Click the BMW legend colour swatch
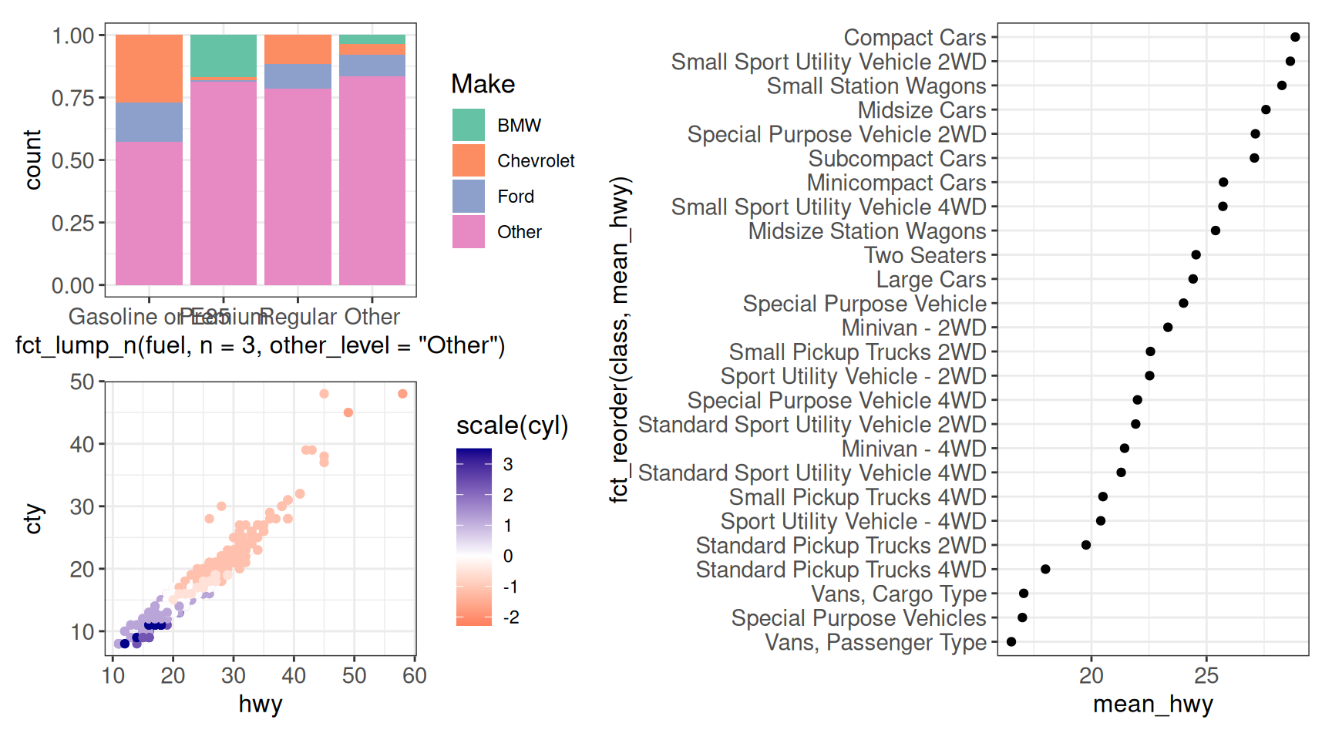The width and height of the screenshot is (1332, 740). [x=468, y=125]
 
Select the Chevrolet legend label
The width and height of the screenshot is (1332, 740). [x=536, y=161]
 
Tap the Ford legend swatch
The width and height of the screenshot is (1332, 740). [x=468, y=196]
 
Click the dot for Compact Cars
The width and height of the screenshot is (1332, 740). [x=1295, y=37]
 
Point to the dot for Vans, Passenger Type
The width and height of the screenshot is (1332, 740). [x=1011, y=642]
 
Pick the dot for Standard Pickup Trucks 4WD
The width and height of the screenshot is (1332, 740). [x=1045, y=570]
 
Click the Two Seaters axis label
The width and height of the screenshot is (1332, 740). [x=925, y=255]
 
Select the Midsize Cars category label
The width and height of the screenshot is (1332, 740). [x=922, y=110]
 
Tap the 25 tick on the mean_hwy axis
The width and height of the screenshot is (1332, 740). [x=1206, y=676]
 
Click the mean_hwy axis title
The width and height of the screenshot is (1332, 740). [x=1152, y=704]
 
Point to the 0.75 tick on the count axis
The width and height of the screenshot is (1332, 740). [x=72, y=98]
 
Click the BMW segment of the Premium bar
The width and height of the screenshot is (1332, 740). [x=224, y=55]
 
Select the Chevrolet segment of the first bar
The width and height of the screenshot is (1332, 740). [x=149, y=69]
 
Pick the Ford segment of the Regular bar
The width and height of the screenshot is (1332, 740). [x=298, y=76]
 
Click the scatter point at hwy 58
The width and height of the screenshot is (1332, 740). [x=402, y=394]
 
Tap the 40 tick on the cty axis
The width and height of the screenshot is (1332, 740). [x=82, y=445]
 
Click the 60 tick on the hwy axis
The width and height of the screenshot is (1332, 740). [x=415, y=676]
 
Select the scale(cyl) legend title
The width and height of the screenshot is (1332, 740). [x=512, y=425]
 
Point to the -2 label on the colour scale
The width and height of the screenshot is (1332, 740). [x=511, y=617]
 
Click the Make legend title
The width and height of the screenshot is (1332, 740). [x=483, y=84]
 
